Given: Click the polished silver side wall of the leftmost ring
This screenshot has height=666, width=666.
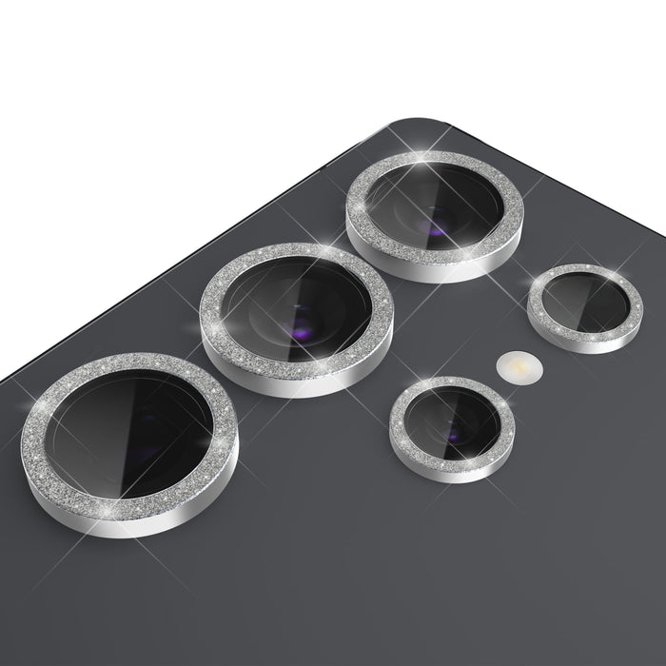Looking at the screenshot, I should tap(143, 525).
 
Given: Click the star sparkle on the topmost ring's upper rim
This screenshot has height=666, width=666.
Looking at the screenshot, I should tap(419, 158).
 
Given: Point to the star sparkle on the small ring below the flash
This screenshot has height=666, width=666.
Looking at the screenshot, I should tap(411, 388).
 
